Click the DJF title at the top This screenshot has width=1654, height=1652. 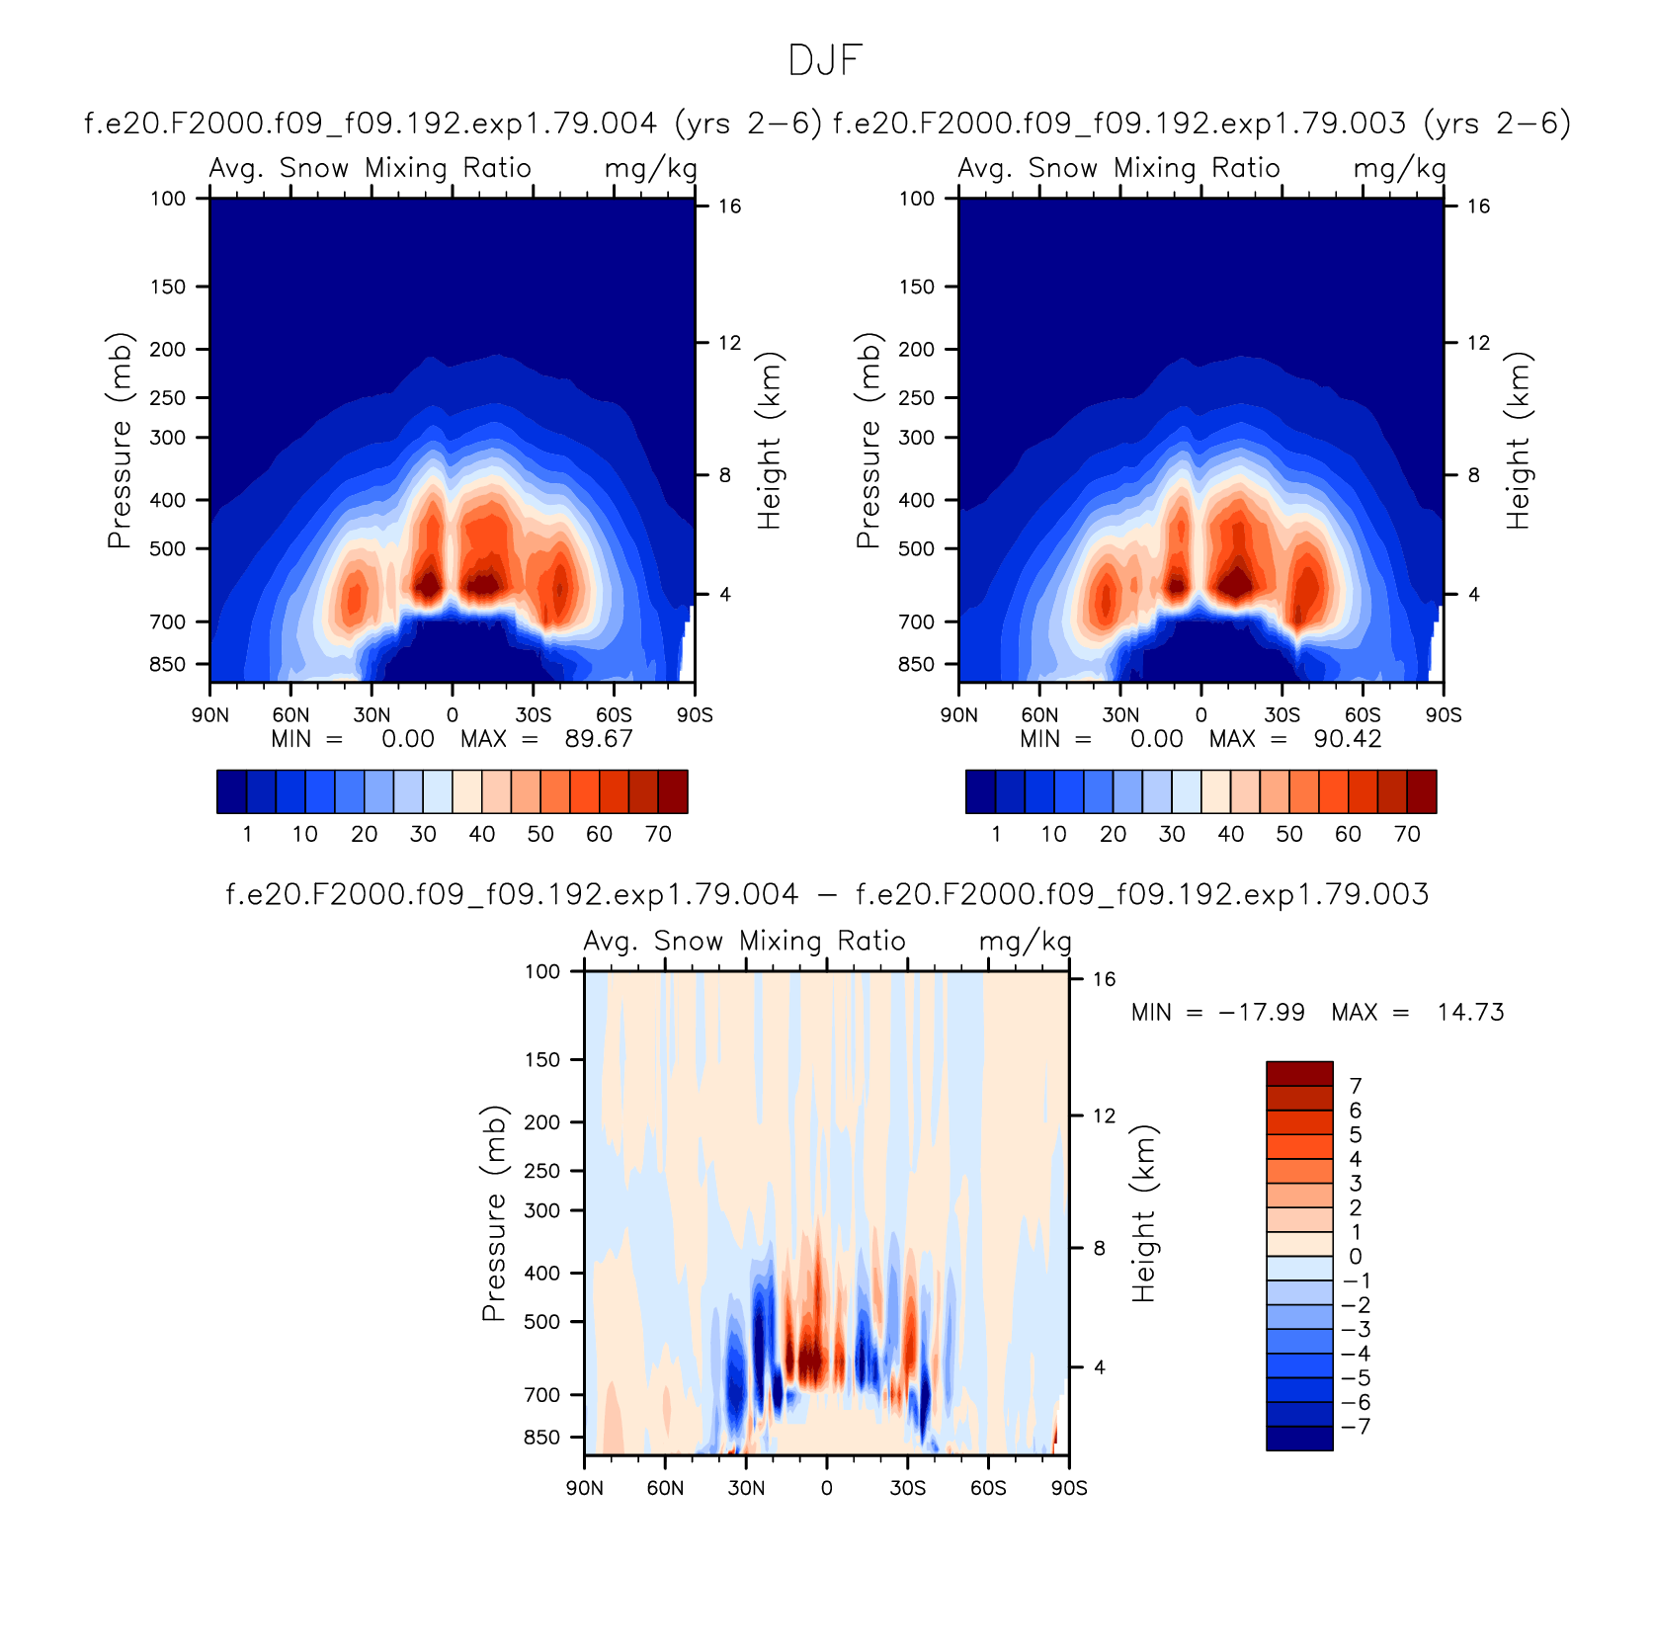[826, 61]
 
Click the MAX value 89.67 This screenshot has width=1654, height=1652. [599, 739]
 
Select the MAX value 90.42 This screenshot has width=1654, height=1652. [1348, 739]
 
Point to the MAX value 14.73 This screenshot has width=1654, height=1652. [1471, 1013]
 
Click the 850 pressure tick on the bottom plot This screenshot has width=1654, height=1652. [541, 1438]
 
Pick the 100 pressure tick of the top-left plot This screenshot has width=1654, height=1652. [168, 199]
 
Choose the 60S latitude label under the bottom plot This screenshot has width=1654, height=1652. [988, 1488]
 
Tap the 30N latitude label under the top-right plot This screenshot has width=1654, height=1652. [1120, 715]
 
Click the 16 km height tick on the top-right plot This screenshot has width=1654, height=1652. [1478, 206]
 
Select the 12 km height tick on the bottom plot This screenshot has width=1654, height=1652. [1104, 1116]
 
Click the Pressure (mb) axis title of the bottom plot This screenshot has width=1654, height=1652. [493, 1212]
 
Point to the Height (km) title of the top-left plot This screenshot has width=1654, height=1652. [770, 441]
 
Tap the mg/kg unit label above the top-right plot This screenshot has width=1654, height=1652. [1400, 169]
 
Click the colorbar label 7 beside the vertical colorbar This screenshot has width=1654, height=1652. [1356, 1086]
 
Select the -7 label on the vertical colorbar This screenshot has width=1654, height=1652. [1356, 1427]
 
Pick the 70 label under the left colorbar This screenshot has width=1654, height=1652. [658, 834]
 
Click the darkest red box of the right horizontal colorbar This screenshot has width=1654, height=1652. [1422, 791]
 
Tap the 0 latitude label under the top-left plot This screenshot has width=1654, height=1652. [453, 715]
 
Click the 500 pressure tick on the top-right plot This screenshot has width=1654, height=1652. [917, 548]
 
